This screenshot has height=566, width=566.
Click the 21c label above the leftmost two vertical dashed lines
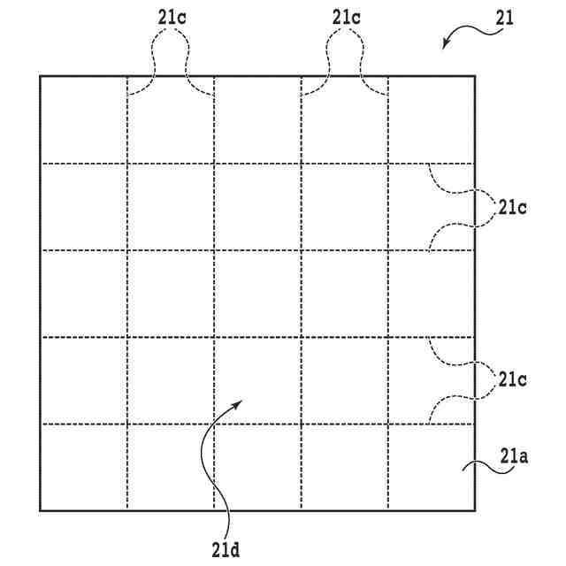170,17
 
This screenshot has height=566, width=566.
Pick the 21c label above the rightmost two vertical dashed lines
345,17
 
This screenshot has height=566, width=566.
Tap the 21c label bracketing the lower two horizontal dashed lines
513,379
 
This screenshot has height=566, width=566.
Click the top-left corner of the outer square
40,76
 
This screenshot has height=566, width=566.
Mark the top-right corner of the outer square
475,76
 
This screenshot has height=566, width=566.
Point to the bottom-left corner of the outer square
40,510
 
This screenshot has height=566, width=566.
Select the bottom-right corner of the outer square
475,510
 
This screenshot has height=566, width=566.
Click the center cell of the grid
257,294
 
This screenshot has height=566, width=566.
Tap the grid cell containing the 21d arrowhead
257,380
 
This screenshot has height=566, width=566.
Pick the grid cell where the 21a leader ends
432,467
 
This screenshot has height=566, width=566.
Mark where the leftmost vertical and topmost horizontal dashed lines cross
127,163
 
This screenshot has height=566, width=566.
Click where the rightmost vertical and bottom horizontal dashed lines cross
388,424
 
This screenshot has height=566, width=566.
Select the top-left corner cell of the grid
83,119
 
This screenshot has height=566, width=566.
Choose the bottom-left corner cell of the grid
83,467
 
